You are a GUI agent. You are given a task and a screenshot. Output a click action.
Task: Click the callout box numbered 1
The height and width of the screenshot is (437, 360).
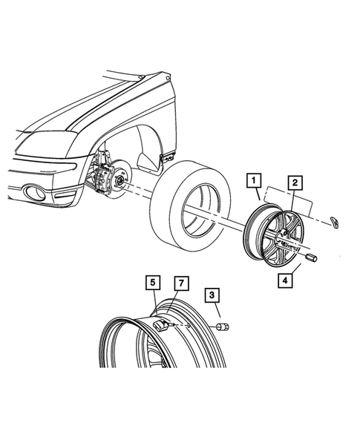pos(254,180)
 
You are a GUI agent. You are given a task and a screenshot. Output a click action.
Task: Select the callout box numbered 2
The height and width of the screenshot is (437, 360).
pos(295,182)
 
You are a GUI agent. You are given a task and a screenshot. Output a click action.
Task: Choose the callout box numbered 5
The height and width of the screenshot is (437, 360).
pos(151,282)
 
